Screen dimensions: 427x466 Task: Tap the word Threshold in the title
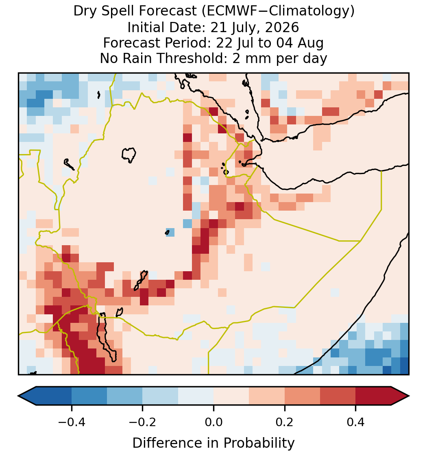tap(187, 58)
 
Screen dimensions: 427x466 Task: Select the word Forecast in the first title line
tap(168, 11)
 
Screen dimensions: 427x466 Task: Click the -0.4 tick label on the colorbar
tap(71, 422)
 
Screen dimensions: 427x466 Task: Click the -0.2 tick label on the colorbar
tap(142, 422)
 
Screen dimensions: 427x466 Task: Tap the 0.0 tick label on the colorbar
tap(213, 422)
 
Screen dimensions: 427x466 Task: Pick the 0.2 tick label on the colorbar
tap(285, 422)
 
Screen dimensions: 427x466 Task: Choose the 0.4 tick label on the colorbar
tap(356, 422)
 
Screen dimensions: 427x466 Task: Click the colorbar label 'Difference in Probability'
tap(213, 443)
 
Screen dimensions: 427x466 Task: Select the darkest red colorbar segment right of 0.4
tap(373, 396)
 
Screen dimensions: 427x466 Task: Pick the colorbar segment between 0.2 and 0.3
tap(303, 396)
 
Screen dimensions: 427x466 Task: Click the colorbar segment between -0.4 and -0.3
tap(89, 396)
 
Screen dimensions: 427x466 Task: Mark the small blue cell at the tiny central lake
tap(170, 232)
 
